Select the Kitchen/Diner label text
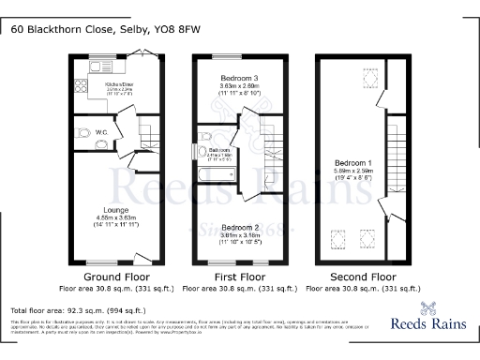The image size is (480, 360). pyautogui.click(x=116, y=84)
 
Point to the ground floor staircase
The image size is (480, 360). pyautogui.click(x=148, y=136)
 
